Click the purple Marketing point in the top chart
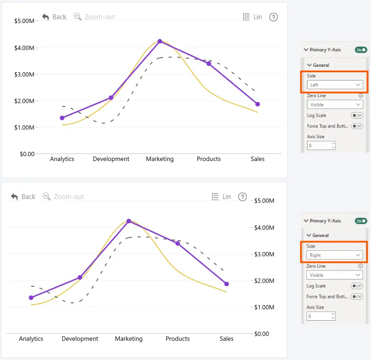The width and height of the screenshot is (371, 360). click(160, 41)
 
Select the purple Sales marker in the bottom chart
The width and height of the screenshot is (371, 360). click(227, 284)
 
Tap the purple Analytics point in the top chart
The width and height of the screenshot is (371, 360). click(62, 118)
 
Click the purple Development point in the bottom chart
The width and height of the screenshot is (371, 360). click(80, 277)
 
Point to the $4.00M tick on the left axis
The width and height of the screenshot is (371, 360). click(24, 48)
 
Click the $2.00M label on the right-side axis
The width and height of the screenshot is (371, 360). click(264, 281)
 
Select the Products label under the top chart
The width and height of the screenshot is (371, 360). click(209, 159)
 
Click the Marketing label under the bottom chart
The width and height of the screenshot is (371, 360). click(129, 339)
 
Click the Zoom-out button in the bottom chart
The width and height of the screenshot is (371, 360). click(63, 197)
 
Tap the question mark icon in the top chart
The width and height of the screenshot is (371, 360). click(274, 17)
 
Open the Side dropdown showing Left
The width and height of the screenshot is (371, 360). click(335, 85)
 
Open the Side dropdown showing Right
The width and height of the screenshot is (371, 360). click(334, 255)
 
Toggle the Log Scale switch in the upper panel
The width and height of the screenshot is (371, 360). click(357, 115)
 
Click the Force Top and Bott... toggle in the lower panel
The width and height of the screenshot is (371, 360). click(357, 296)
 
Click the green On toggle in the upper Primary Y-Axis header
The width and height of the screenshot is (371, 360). click(361, 50)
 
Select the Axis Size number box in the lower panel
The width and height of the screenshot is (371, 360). click(321, 316)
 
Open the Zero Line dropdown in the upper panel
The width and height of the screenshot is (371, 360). click(335, 104)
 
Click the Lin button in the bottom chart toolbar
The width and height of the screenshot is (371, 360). click(221, 197)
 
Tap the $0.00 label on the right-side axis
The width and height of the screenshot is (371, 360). click(261, 334)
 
